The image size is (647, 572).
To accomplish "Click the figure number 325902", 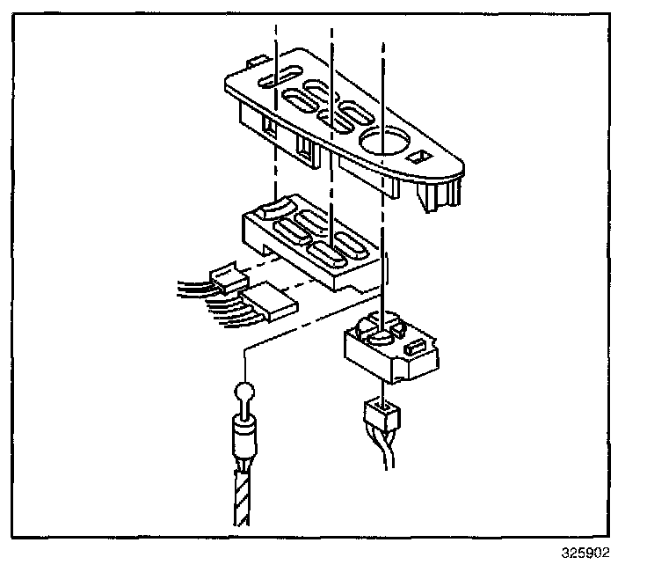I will pos(585,554).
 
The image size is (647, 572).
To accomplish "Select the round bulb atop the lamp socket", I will pos(245,393).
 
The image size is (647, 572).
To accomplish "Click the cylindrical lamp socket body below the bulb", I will pos(244,434).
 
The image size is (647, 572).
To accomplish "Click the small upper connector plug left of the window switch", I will pos(229,281).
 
